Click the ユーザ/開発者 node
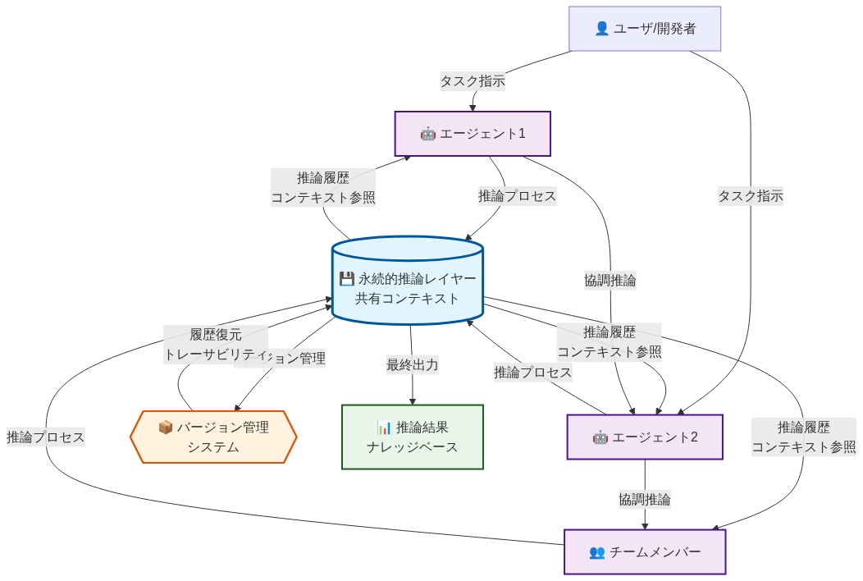pyautogui.click(x=645, y=29)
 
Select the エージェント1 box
pyautogui.click(x=473, y=134)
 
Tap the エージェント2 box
pyautogui.click(x=645, y=437)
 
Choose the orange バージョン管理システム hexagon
pyautogui.click(x=213, y=437)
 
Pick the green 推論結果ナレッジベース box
pyautogui.click(x=412, y=437)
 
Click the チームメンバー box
pyautogui.click(x=645, y=551)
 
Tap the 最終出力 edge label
pyautogui.click(x=412, y=364)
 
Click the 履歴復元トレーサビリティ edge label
pyautogui.click(x=216, y=344)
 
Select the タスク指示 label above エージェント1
pyautogui.click(x=473, y=80)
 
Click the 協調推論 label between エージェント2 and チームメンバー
pyautogui.click(x=645, y=498)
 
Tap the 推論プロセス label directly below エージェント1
pyautogui.click(x=518, y=195)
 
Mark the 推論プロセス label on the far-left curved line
pyautogui.click(x=45, y=437)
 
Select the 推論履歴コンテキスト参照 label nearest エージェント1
pyautogui.click(x=323, y=187)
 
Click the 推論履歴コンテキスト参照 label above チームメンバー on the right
pyautogui.click(x=803, y=437)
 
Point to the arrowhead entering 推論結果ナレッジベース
pyautogui.click(x=412, y=400)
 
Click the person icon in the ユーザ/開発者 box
pyautogui.click(x=601, y=29)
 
